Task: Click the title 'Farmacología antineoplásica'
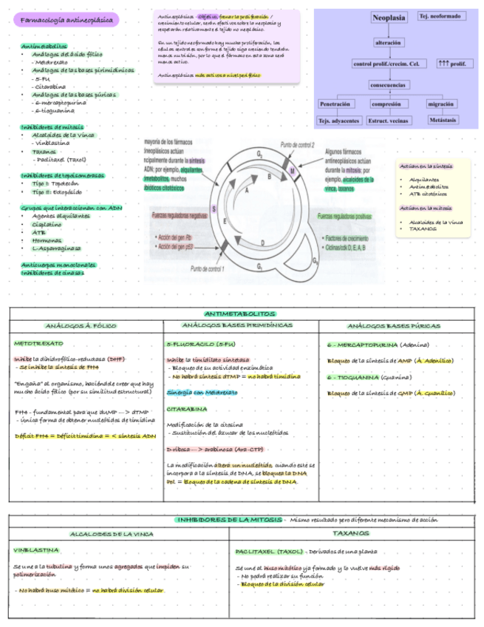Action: click(x=65, y=18)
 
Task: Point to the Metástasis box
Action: click(x=442, y=120)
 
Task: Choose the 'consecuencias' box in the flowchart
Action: click(x=388, y=84)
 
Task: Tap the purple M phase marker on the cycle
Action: click(x=291, y=172)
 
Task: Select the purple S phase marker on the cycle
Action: click(x=214, y=209)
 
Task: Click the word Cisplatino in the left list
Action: click(x=47, y=224)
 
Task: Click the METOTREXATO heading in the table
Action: click(x=38, y=344)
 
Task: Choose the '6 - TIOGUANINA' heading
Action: click(x=358, y=377)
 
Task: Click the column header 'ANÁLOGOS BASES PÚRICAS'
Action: click(x=394, y=326)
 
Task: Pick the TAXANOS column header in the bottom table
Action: click(x=351, y=532)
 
